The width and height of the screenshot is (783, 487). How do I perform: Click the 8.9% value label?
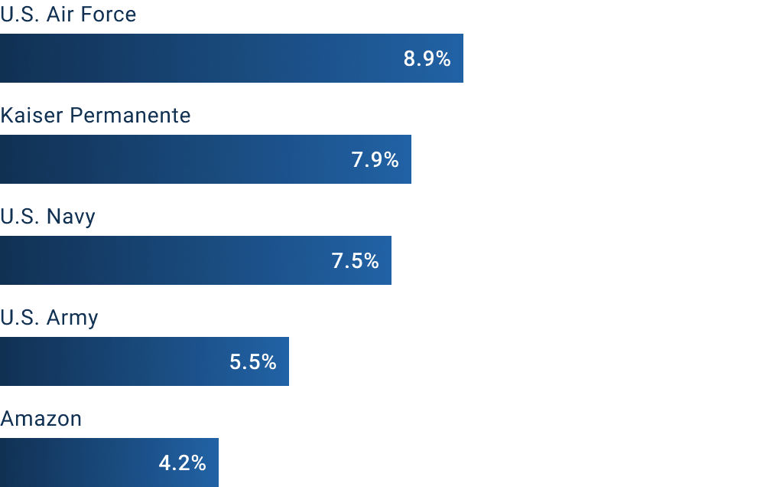click(x=427, y=59)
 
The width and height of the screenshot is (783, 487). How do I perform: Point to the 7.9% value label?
click(x=375, y=160)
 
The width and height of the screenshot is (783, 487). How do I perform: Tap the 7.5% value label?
click(x=356, y=261)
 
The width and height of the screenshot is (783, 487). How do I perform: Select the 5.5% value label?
click(x=253, y=362)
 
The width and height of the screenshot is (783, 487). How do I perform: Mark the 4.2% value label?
click(x=183, y=463)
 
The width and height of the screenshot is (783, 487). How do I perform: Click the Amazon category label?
click(x=41, y=419)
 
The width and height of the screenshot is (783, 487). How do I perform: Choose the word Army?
click(x=73, y=318)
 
